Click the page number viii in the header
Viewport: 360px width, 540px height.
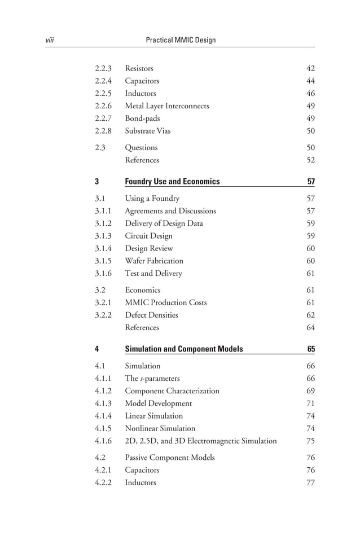coord(49,40)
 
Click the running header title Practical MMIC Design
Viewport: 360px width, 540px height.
coord(181,40)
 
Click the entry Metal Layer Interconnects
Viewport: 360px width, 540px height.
coord(166,106)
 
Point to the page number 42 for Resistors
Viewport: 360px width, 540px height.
coord(310,69)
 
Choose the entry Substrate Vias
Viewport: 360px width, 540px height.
coord(147,131)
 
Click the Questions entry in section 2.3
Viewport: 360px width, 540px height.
coord(141,148)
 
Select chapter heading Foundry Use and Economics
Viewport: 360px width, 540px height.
coord(172,182)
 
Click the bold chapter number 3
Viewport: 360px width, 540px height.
coord(97,182)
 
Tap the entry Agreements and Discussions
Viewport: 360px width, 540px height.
coord(170,211)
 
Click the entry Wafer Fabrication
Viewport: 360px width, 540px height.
coord(153,261)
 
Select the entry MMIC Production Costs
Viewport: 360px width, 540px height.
coord(165,302)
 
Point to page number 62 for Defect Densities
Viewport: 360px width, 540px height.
coord(310,315)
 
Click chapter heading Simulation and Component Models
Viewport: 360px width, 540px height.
coord(183,349)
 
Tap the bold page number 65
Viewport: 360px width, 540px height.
coord(311,349)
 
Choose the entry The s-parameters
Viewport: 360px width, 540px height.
coord(152,378)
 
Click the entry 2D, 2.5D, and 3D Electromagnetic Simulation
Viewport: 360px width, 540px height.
coord(200,441)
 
